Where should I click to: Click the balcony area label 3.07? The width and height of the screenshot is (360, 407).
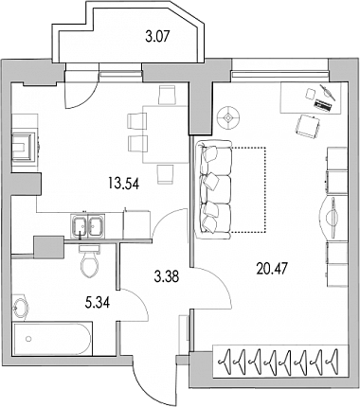click(x=157, y=37)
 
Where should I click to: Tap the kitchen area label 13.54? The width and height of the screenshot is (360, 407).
click(x=123, y=183)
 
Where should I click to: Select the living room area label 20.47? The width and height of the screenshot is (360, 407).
click(x=272, y=269)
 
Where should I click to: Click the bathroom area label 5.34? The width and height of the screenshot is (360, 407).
click(x=98, y=303)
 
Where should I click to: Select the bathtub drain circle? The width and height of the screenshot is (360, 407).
click(x=28, y=339)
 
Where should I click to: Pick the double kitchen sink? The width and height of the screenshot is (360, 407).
click(x=88, y=225)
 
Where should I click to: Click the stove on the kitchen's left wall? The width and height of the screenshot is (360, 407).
click(x=25, y=147)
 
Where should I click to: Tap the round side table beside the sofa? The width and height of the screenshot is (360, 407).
click(x=228, y=117)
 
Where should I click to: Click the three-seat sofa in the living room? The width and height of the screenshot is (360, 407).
click(x=214, y=189)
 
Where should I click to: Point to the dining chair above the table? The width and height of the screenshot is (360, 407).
click(x=167, y=95)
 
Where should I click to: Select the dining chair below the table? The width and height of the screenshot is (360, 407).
click(x=166, y=174)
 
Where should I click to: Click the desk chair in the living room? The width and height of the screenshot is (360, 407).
click(x=308, y=126)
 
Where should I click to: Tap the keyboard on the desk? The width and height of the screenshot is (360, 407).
click(x=324, y=104)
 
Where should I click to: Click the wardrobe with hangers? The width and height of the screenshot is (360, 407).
click(x=280, y=362)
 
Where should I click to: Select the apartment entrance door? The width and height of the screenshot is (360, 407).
click(x=154, y=383)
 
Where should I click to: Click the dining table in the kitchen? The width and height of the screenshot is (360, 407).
click(x=166, y=134)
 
